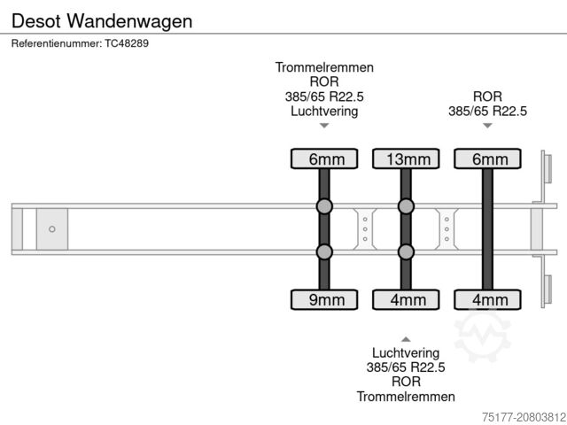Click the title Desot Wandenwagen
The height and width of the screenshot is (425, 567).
tap(103, 20)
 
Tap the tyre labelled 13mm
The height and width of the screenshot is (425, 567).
tap(406, 159)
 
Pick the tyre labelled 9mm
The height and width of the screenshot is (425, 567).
tap(324, 300)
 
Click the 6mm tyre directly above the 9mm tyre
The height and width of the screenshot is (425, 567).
tap(324, 159)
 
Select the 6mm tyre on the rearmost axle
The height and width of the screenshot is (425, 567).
tap(487, 159)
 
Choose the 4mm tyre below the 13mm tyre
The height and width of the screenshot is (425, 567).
tap(406, 300)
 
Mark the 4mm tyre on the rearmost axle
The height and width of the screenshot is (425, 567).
tap(487, 300)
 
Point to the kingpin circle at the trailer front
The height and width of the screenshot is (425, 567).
tap(52, 229)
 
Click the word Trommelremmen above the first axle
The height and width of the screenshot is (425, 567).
tap(324, 67)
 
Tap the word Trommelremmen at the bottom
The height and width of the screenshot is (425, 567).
tap(406, 397)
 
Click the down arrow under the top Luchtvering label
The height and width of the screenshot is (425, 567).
tap(324, 126)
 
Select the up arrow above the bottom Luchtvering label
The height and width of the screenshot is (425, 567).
tap(406, 338)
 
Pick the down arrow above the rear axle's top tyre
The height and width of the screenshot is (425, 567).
tap(487, 126)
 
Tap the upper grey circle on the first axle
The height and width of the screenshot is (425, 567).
tap(324, 207)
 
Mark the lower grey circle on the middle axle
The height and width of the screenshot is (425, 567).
tap(406, 252)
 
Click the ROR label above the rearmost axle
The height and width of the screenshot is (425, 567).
tap(487, 97)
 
